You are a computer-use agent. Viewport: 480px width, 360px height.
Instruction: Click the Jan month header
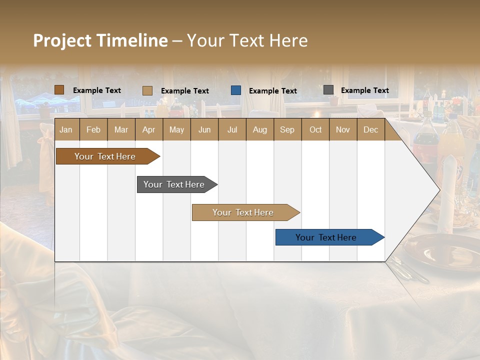[66, 129]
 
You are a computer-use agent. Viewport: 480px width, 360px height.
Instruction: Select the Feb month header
[93, 129]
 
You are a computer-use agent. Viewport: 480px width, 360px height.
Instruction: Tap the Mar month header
[121, 129]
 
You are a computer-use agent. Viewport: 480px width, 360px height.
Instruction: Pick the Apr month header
[148, 129]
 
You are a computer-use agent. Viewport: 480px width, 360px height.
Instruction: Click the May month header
[176, 129]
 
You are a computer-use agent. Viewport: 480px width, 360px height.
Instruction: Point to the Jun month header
[204, 129]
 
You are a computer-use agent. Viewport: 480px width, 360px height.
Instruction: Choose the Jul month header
[232, 129]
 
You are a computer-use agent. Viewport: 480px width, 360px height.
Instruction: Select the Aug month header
[259, 129]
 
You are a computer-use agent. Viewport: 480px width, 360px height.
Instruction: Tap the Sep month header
[287, 129]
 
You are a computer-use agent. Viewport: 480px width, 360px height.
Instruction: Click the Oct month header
[315, 129]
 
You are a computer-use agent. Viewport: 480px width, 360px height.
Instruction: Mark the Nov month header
[343, 129]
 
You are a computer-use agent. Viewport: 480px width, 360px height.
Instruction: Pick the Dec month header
[370, 129]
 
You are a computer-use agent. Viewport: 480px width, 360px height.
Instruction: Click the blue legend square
[236, 90]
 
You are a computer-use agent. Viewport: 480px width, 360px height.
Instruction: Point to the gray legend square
[328, 90]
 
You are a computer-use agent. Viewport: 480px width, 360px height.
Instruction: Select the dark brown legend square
[59, 90]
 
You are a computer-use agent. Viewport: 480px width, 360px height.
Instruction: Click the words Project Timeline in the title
[100, 40]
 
